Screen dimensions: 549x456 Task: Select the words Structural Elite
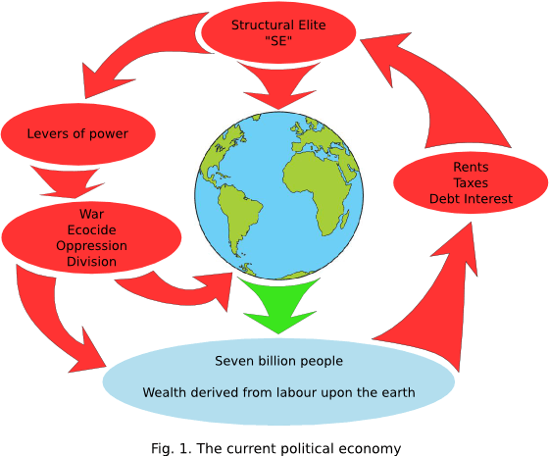[278, 25]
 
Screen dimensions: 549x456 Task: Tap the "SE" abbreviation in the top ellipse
[278, 41]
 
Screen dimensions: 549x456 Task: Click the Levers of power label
[77, 133]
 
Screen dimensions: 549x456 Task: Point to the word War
[92, 214]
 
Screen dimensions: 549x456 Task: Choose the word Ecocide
[92, 229]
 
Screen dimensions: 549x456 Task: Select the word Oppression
[92, 246]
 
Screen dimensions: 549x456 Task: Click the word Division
[92, 262]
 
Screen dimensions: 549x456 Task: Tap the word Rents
[471, 167]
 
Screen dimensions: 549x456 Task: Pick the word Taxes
[471, 182]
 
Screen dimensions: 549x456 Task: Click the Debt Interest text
[471, 199]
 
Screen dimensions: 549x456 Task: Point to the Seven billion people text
[279, 361]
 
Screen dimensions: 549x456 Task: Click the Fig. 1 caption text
[276, 449]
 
